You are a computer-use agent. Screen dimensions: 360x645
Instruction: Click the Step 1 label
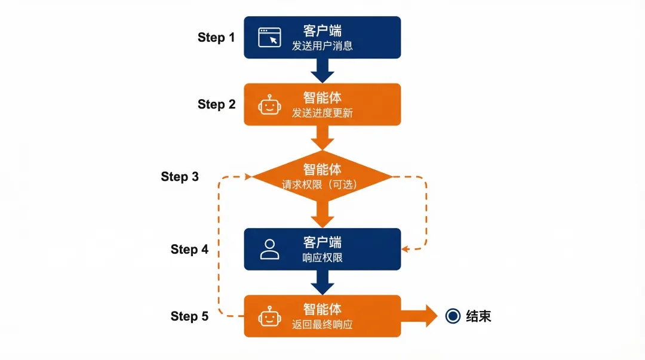[216, 38]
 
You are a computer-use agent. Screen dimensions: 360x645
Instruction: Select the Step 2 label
[216, 104]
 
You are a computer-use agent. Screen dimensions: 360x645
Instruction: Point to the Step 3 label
[180, 177]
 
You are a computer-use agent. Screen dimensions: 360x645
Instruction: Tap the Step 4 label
[189, 249]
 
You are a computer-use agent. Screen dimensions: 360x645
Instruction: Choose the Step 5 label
[189, 316]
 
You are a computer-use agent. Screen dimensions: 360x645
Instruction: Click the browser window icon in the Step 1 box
[269, 38]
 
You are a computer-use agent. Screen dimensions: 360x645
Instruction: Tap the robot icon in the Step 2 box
[269, 105]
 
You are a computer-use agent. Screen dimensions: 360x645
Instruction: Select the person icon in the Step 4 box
[269, 249]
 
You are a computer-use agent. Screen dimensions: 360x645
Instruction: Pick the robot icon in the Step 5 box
[269, 316]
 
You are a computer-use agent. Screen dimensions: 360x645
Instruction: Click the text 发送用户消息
[322, 46]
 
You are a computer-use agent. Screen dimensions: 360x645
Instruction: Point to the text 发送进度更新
[322, 113]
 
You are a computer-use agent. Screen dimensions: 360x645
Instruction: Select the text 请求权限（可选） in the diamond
[322, 185]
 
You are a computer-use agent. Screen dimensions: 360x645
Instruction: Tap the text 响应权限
[322, 258]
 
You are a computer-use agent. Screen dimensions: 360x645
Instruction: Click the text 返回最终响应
[322, 325]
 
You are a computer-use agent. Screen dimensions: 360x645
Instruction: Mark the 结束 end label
[478, 316]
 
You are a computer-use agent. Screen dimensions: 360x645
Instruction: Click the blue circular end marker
[453, 316]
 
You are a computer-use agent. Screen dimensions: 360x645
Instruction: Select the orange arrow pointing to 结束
[421, 316]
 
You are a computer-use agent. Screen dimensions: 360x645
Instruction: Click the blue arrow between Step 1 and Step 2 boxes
[322, 70]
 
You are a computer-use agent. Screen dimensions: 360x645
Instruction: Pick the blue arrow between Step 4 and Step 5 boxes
[322, 282]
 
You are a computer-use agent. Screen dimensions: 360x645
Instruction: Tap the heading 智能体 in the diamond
[322, 170]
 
